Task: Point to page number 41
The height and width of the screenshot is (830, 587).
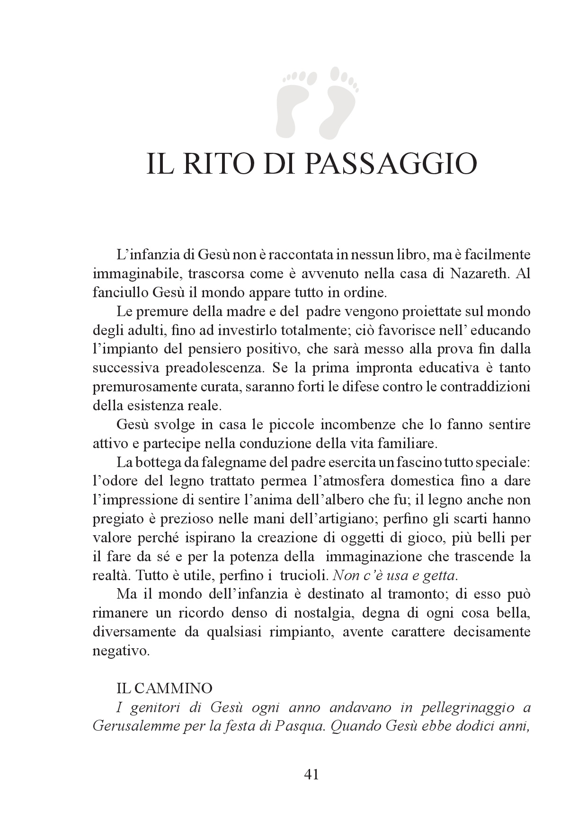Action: tap(311, 775)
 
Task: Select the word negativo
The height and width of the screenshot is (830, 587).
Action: tap(121, 651)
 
